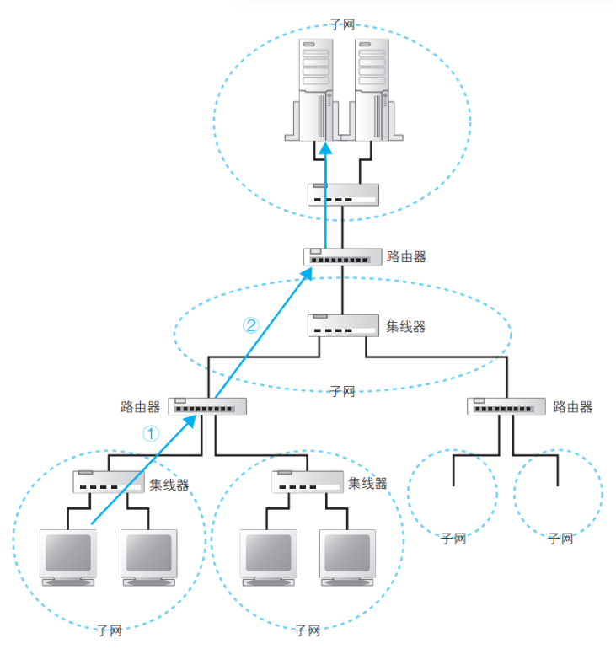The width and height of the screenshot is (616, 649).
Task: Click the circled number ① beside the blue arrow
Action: pyautogui.click(x=149, y=433)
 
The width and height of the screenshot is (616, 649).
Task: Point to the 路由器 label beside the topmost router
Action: pyautogui.click(x=406, y=256)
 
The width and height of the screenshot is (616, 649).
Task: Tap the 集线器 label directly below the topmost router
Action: pyautogui.click(x=406, y=326)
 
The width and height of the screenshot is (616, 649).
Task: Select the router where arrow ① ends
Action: pyautogui.click(x=207, y=406)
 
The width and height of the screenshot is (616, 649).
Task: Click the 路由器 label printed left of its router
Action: pyautogui.click(x=141, y=407)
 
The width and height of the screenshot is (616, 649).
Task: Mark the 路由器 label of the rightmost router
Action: pyautogui.click(x=573, y=407)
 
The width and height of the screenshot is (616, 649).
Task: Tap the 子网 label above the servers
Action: pyautogui.click(x=343, y=26)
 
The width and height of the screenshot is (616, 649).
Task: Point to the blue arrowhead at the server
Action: pyautogui.click(x=325, y=148)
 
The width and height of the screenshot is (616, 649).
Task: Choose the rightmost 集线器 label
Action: pyautogui.click(x=367, y=483)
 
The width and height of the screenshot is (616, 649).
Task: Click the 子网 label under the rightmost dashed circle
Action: pyautogui.click(x=560, y=538)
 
